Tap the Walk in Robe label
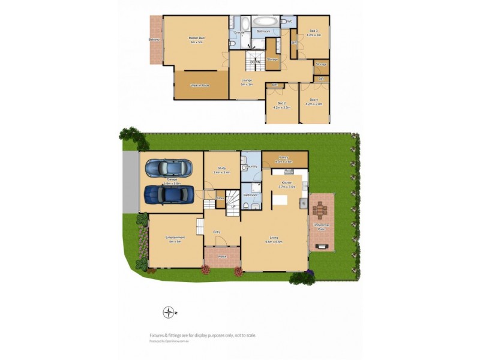199,86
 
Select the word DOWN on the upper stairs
255,62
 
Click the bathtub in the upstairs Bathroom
264,22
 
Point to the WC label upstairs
289,22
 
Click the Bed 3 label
314,32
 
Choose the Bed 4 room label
314,101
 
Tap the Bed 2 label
281,105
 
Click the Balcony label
154,40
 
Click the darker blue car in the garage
170,194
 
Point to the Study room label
221,170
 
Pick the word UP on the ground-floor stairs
233,207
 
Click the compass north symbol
169,311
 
